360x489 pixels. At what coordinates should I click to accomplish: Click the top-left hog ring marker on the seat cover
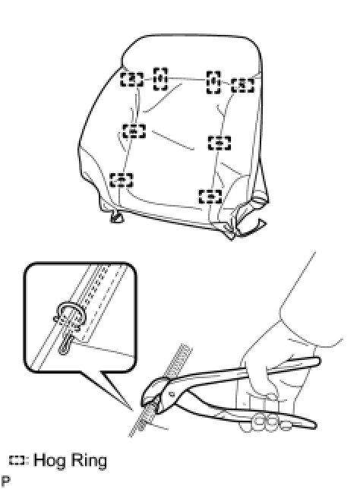click(x=132, y=79)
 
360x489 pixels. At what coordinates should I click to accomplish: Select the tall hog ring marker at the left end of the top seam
click(x=160, y=79)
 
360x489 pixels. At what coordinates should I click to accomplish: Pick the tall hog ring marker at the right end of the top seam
click(x=213, y=82)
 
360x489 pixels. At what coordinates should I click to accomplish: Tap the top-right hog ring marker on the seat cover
click(x=243, y=85)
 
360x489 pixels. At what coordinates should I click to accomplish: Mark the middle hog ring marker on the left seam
click(x=134, y=131)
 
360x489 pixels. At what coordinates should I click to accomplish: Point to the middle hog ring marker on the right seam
click(x=219, y=143)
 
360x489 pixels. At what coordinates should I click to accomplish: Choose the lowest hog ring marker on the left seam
click(x=122, y=180)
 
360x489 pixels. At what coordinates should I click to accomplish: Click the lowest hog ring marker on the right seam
click(x=210, y=196)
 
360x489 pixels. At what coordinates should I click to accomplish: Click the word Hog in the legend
click(x=49, y=461)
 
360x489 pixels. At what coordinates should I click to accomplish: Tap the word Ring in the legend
click(x=88, y=461)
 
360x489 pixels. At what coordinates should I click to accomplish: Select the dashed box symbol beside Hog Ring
click(x=17, y=461)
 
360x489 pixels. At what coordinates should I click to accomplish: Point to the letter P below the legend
click(x=5, y=481)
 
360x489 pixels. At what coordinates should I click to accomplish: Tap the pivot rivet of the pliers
click(x=171, y=394)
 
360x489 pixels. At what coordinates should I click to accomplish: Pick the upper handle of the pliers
click(x=243, y=371)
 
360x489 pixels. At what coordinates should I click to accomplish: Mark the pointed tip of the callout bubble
click(x=132, y=409)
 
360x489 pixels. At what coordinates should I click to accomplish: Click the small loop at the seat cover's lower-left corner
click(x=117, y=217)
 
